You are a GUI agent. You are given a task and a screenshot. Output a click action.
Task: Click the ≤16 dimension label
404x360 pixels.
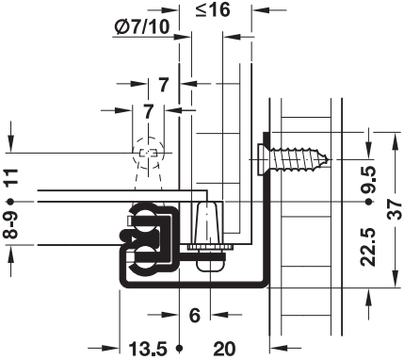pos(213,10)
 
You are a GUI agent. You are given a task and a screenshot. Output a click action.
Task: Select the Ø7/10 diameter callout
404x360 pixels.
pos(142,27)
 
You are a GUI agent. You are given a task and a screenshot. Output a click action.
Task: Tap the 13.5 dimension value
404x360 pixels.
pos(148,349)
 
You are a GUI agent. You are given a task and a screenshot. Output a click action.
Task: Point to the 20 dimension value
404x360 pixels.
pos(224,349)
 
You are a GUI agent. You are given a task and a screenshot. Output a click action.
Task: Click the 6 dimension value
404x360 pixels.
pos(195,315)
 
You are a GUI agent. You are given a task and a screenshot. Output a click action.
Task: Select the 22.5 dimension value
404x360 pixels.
pos(368,247)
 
